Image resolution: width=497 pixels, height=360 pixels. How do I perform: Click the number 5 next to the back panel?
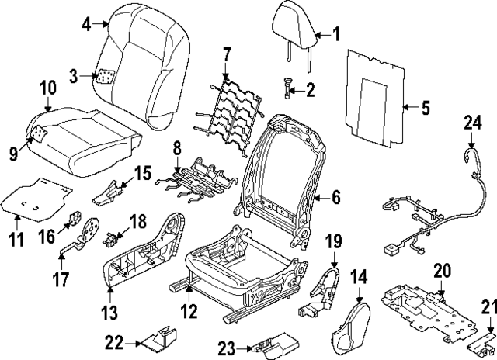[x=425, y=109]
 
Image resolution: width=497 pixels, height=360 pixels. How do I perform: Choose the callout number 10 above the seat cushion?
[x=47, y=88]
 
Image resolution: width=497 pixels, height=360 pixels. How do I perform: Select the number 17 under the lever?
[x=60, y=277]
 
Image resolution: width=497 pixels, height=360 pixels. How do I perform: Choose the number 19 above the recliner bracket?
[x=333, y=241]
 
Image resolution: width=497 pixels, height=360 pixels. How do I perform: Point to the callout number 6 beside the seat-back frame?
[x=335, y=198]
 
